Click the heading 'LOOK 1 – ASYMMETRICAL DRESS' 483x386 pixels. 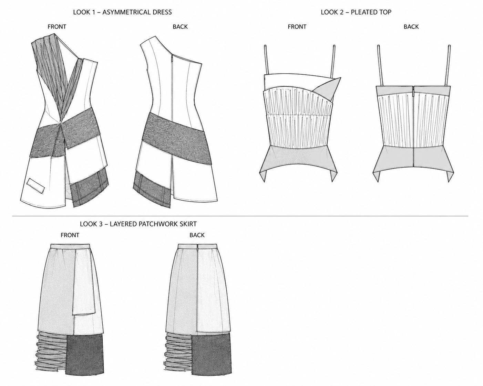tap(122, 12)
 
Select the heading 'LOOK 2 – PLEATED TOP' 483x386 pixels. tap(356, 12)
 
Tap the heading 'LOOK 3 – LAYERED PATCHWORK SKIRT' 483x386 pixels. tap(138, 224)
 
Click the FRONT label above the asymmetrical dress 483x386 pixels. tap(57, 27)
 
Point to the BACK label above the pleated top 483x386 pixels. tap(411, 27)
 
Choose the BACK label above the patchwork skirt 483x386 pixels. tap(197, 235)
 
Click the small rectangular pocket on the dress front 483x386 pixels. tap(35, 185)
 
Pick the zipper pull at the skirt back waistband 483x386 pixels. tap(197, 247)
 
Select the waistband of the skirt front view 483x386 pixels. tap(70, 246)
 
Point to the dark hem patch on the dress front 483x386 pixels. tap(89, 187)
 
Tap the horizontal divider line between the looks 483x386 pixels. tap(240, 216)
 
